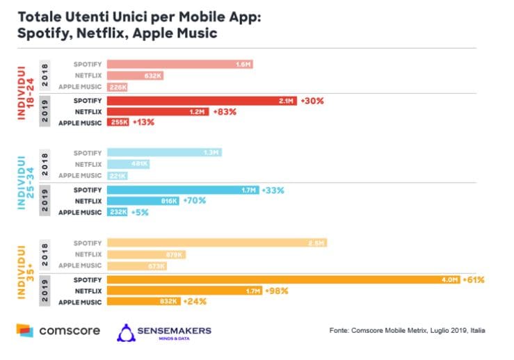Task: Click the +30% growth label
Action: (x=312, y=100)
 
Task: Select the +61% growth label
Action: (x=472, y=279)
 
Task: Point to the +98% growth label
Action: (x=277, y=291)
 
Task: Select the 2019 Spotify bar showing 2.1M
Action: (x=202, y=100)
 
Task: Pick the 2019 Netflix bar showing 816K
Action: (x=143, y=200)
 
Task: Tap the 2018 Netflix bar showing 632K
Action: (x=134, y=75)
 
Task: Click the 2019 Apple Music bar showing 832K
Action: (x=144, y=302)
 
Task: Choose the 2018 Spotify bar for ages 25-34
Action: (x=165, y=153)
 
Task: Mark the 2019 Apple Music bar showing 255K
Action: (x=118, y=122)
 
